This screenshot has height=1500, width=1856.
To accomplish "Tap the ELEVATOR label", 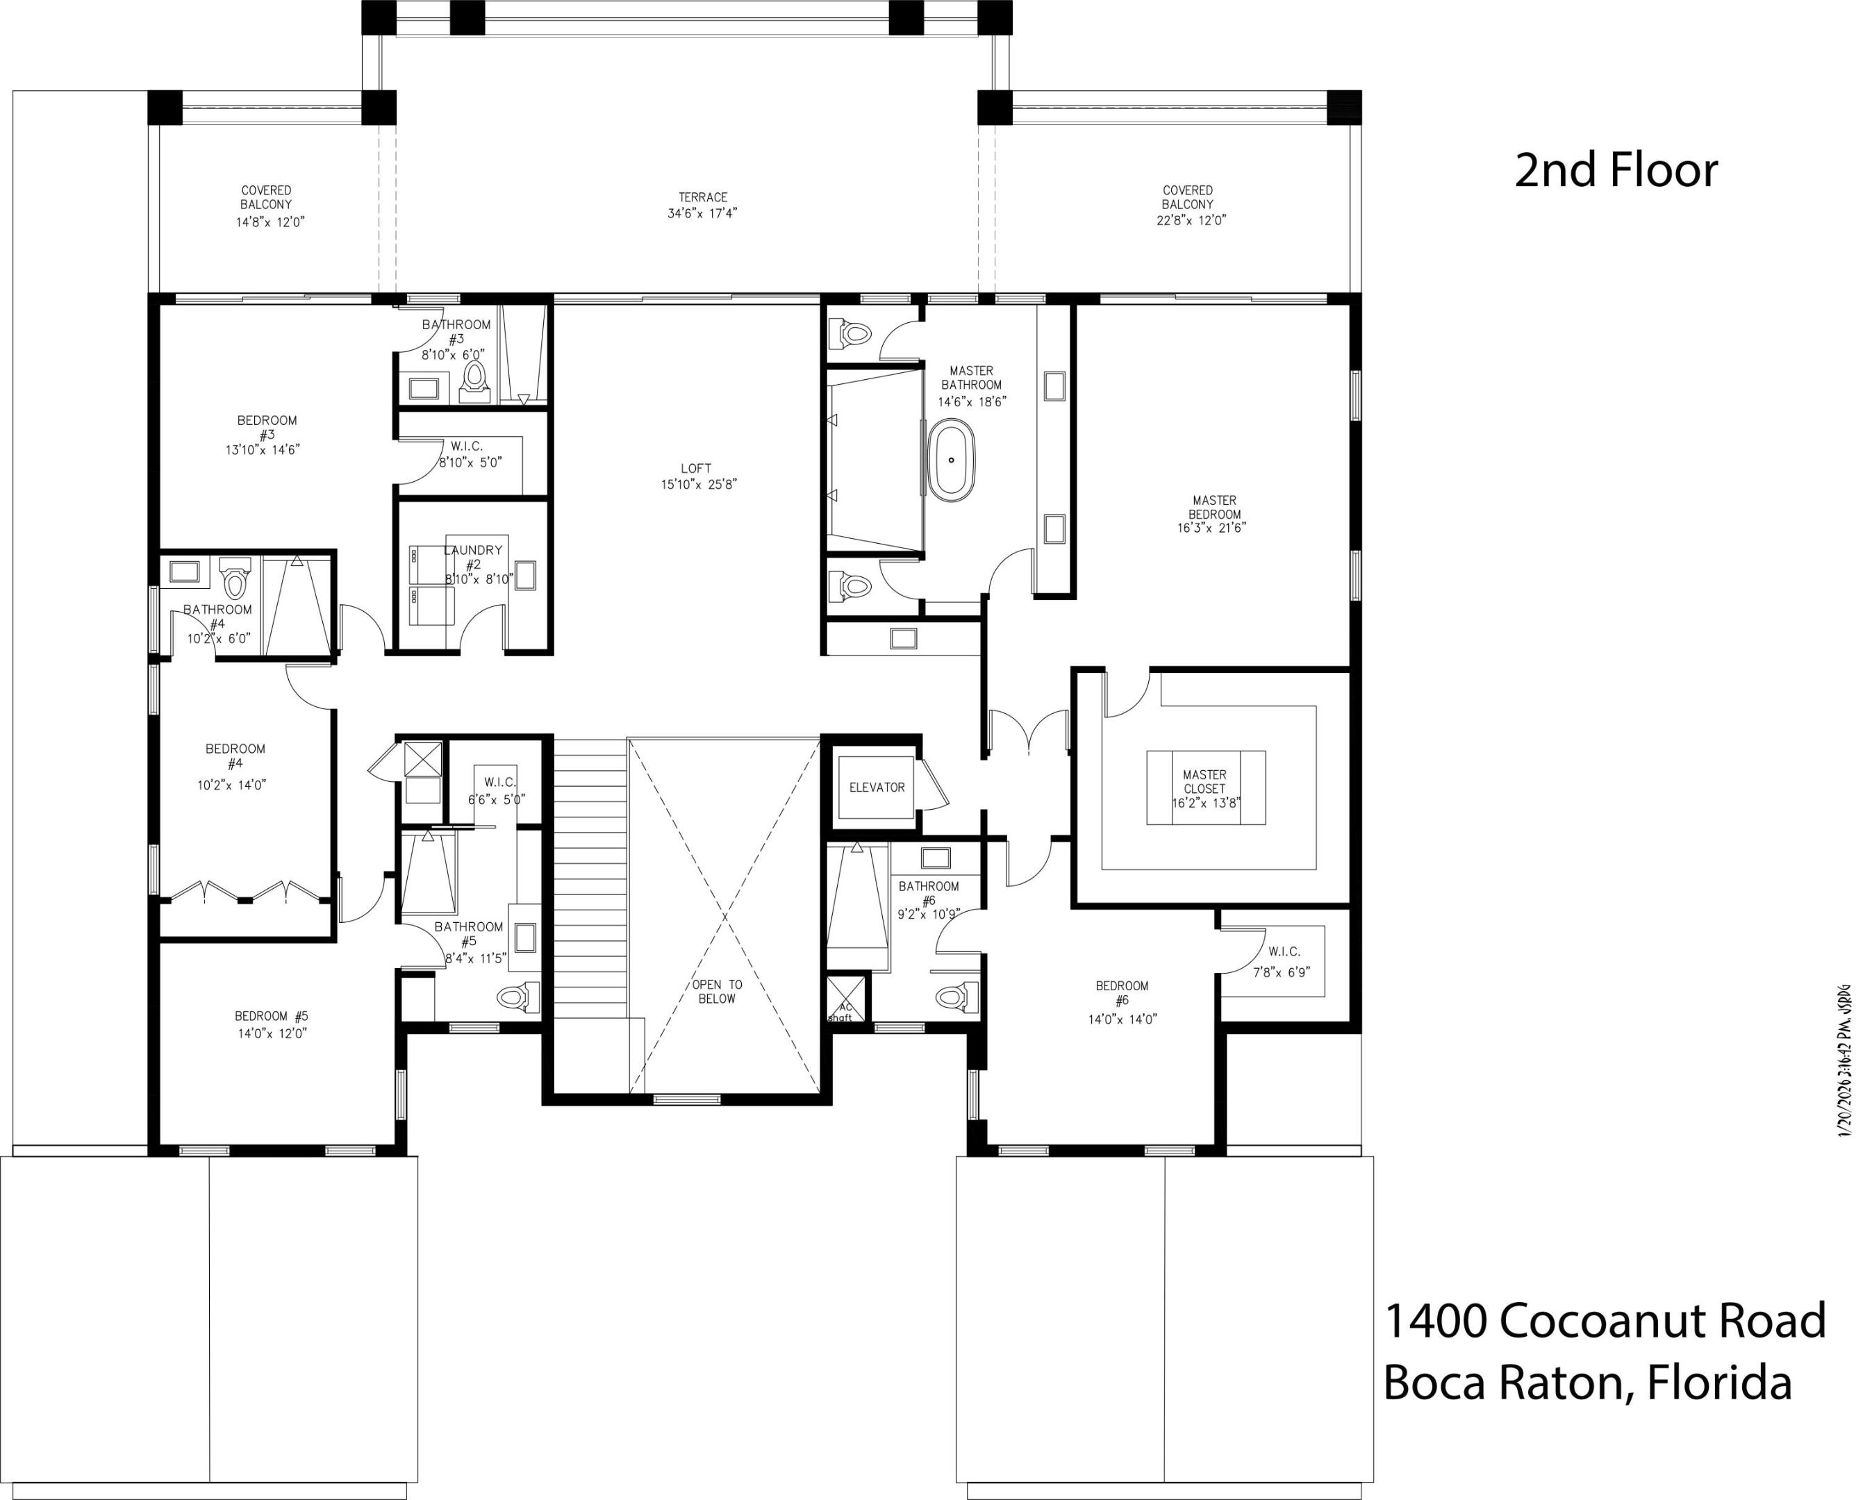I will [x=876, y=787].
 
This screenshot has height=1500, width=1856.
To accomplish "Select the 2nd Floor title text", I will [x=1616, y=170].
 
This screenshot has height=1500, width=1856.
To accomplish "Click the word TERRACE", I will [x=702, y=197].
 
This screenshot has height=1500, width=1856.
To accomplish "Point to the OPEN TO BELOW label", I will [x=717, y=991].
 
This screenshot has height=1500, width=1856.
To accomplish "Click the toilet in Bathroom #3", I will [x=474, y=379].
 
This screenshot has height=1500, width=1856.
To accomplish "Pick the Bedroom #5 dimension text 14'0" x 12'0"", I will [x=272, y=1033].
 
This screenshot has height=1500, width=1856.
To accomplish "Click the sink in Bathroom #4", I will [x=185, y=570].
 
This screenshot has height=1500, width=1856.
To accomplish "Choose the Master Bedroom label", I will [x=1214, y=507].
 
